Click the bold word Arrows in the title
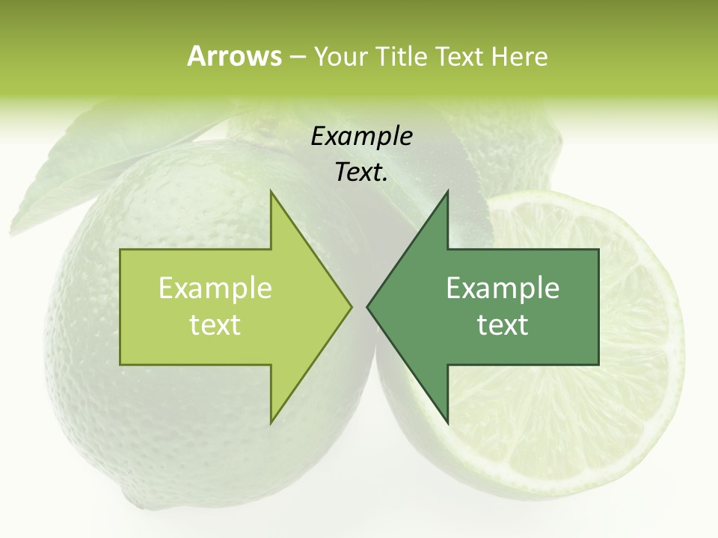click(x=234, y=56)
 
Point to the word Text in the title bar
click(x=460, y=57)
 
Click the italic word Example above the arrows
click(x=361, y=137)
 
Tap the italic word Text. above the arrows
click(x=361, y=173)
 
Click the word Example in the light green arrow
click(x=215, y=288)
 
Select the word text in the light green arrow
click(x=215, y=325)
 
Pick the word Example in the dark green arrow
click(x=503, y=288)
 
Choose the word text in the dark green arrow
click(x=503, y=325)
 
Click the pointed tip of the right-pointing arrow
click(x=351, y=306)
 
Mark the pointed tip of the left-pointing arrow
click(x=367, y=306)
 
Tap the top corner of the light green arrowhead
click(x=271, y=192)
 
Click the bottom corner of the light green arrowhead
click(x=271, y=423)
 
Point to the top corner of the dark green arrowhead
click(x=447, y=192)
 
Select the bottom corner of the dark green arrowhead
click(x=447, y=423)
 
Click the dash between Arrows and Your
click(x=297, y=58)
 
